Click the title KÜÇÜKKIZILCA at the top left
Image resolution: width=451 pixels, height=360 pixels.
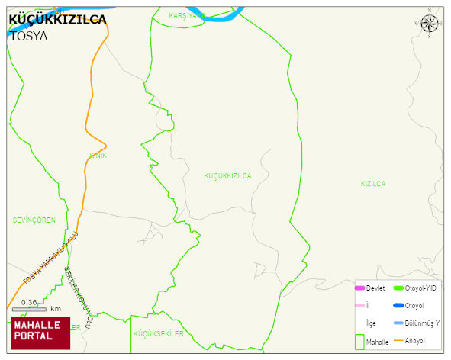pos(57,20)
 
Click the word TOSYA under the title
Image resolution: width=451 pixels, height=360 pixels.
pos(28,36)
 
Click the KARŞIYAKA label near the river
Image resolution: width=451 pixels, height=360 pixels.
pos(186,15)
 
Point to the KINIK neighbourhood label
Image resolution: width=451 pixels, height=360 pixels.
pos(98,156)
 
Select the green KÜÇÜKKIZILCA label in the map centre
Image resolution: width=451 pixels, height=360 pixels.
pos(227,175)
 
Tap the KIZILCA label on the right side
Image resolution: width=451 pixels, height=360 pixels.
pos(373,184)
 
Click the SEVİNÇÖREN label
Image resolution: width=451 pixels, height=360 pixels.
pos(34,220)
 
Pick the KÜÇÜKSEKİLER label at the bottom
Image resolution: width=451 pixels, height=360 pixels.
pos(159,334)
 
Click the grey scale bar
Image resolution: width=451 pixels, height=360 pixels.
pos(29,310)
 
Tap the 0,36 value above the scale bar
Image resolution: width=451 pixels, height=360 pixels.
pos(29,302)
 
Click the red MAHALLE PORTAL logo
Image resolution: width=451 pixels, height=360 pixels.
pos(40,332)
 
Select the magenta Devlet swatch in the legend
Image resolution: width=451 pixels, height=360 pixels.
pos(360,288)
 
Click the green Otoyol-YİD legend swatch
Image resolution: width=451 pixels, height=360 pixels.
pos(398,288)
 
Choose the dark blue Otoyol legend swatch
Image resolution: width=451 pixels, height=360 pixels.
pos(398,305)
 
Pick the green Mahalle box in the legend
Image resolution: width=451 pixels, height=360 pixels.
pos(360,341)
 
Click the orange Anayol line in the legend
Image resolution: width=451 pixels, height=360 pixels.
pos(398,340)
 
